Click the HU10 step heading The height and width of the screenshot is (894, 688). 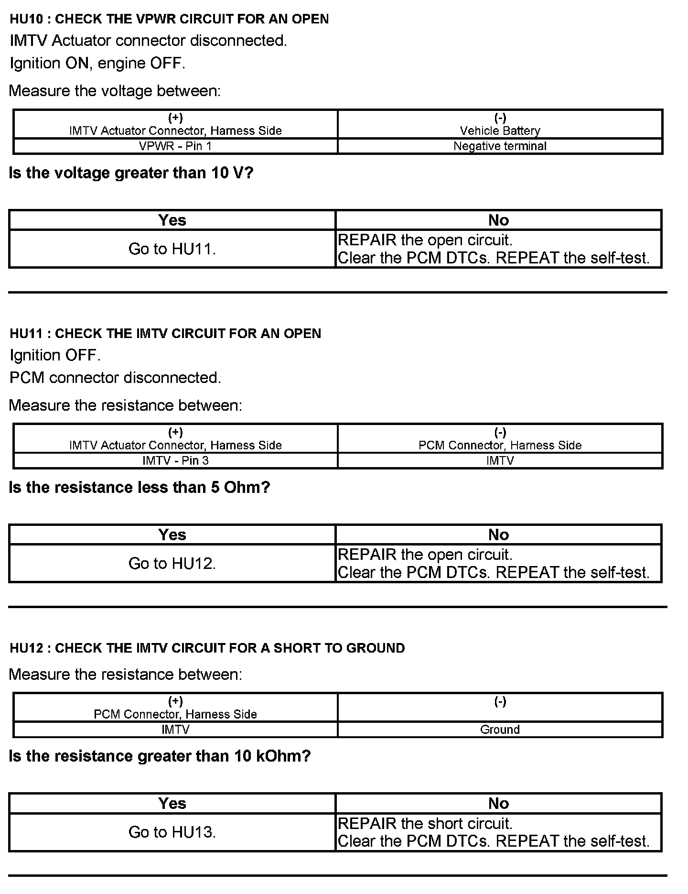coord(169,19)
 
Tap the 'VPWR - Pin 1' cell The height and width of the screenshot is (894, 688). coord(175,146)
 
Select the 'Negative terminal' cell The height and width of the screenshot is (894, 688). coord(500,146)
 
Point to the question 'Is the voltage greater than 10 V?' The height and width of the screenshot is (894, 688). coord(131,173)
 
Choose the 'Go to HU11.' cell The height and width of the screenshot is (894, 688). coord(172,249)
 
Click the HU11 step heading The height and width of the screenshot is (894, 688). coord(165,333)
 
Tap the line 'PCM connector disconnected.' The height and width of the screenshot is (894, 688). coord(115,378)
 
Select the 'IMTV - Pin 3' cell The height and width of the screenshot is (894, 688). coord(175,461)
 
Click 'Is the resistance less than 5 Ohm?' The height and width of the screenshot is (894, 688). coord(140,487)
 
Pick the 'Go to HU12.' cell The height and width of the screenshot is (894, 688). coord(172,564)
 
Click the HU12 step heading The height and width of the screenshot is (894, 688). coord(207,648)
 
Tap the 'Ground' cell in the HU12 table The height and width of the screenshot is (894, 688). coord(500,730)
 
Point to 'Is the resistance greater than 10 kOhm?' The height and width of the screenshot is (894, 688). coord(160,756)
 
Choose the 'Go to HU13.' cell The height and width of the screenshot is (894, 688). coord(172,832)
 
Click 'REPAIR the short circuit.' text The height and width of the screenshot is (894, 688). coord(425,824)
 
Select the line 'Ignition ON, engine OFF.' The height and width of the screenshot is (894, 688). coord(97,63)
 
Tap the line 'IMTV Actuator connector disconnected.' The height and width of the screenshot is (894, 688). coord(148,41)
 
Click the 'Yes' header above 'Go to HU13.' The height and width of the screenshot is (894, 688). coord(172,804)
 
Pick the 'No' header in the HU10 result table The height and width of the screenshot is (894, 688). coord(498,220)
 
